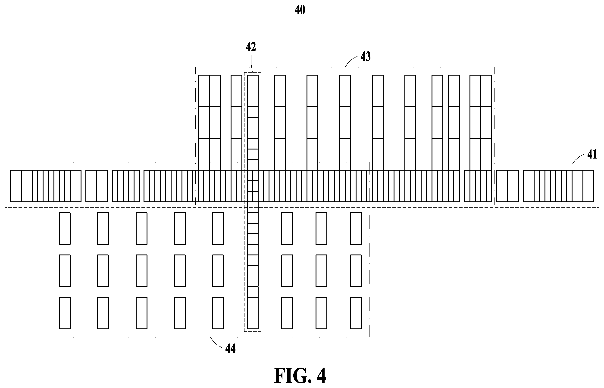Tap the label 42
click(251, 47)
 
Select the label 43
click(365, 56)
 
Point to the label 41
click(592, 154)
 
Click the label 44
click(230, 349)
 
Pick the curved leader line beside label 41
click(578, 159)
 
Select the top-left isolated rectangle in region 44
click(65, 229)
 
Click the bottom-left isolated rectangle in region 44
click(65, 313)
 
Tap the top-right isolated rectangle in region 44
click(356, 229)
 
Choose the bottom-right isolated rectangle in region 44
click(356, 313)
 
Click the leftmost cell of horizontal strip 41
click(16, 186)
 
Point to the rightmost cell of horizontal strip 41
click(588, 186)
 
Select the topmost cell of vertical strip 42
click(253, 91)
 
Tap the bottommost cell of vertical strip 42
click(253, 313)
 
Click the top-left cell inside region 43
click(204, 91)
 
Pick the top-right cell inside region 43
click(486, 91)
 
